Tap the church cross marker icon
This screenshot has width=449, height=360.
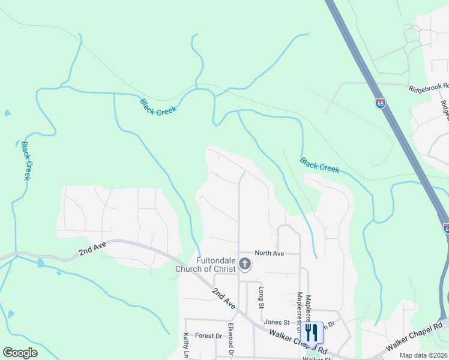coord(245,263)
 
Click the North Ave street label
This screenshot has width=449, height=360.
coord(269,253)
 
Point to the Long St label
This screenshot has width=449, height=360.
coord(262,298)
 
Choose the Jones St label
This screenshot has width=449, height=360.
coord(277,322)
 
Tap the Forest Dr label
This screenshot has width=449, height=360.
coord(210,336)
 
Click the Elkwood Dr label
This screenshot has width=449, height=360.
coord(230,340)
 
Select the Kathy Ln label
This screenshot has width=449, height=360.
coord(186,344)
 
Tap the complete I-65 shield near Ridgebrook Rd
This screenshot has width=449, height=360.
coord(380,103)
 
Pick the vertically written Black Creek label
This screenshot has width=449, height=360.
coord(25,160)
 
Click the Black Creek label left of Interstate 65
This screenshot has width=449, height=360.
coord(320,165)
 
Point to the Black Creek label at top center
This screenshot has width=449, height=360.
coord(158,107)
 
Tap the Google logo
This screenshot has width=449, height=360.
coord(20,353)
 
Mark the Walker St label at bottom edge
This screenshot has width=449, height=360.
coord(317,358)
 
